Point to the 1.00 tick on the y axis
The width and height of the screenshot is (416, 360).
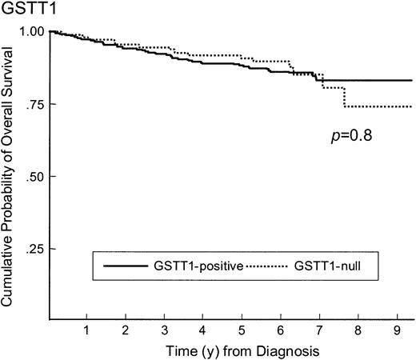tap(34, 31)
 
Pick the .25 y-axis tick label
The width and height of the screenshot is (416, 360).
tap(37, 250)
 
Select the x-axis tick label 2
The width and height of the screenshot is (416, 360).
tap(126, 330)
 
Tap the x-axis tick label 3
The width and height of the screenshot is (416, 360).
tap(165, 330)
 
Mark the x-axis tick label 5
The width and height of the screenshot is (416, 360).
tap(242, 330)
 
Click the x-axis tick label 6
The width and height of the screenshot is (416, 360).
tap(281, 330)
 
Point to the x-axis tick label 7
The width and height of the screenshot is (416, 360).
tap(319, 330)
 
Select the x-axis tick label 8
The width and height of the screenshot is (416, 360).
tap(358, 330)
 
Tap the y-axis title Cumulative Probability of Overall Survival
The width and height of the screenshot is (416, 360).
tap(10, 177)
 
